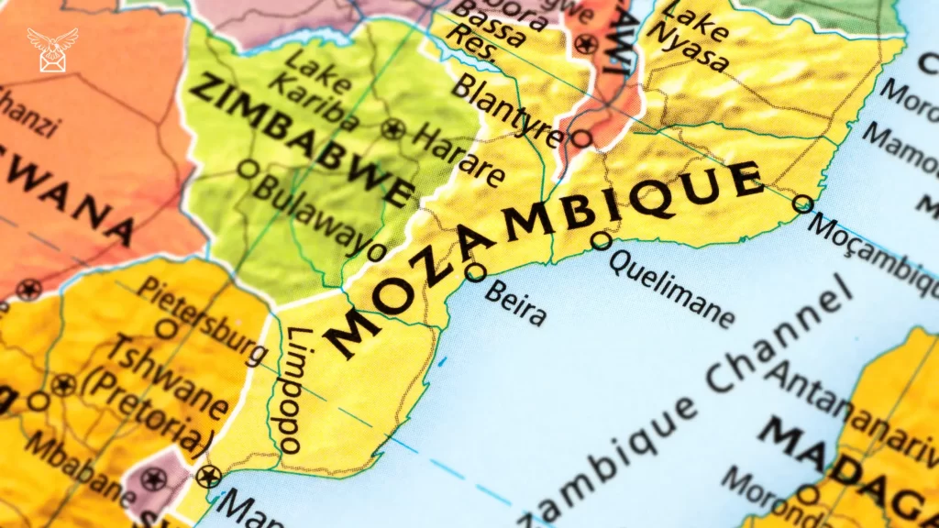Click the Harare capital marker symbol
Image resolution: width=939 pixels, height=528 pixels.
[394, 129]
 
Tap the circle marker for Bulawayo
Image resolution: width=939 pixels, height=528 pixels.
[246, 168]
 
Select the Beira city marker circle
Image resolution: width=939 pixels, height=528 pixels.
[475, 271]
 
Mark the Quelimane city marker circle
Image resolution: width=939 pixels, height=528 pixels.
[601, 240]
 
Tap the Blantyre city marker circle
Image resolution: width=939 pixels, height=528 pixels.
[581, 138]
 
